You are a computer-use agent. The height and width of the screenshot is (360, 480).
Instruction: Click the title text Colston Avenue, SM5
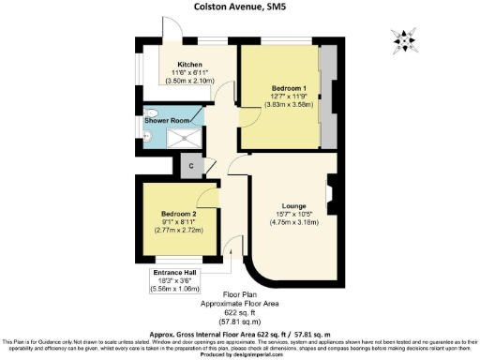click(x=240, y=7)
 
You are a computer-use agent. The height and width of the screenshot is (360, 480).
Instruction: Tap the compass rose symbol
click(x=404, y=39)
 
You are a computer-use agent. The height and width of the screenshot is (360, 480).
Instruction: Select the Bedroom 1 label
click(x=284, y=88)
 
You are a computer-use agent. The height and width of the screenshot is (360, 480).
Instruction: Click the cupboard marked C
click(x=190, y=166)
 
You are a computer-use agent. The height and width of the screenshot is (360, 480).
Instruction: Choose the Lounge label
click(x=294, y=206)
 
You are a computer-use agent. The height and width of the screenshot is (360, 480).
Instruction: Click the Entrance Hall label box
click(x=177, y=273)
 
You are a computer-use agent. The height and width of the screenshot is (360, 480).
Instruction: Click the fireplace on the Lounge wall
click(x=328, y=197)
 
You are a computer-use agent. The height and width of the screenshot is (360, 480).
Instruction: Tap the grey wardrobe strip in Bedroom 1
click(x=329, y=98)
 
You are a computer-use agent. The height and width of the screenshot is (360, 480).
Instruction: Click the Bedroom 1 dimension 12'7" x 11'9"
click(x=284, y=97)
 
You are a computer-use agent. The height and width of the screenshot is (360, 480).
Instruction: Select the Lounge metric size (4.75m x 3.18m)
click(x=294, y=223)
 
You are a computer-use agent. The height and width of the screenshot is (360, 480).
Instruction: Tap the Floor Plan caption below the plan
click(x=239, y=295)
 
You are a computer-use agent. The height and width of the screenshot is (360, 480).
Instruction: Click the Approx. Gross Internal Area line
click(x=239, y=333)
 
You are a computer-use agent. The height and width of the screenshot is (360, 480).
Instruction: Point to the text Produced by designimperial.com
click(x=240, y=354)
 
